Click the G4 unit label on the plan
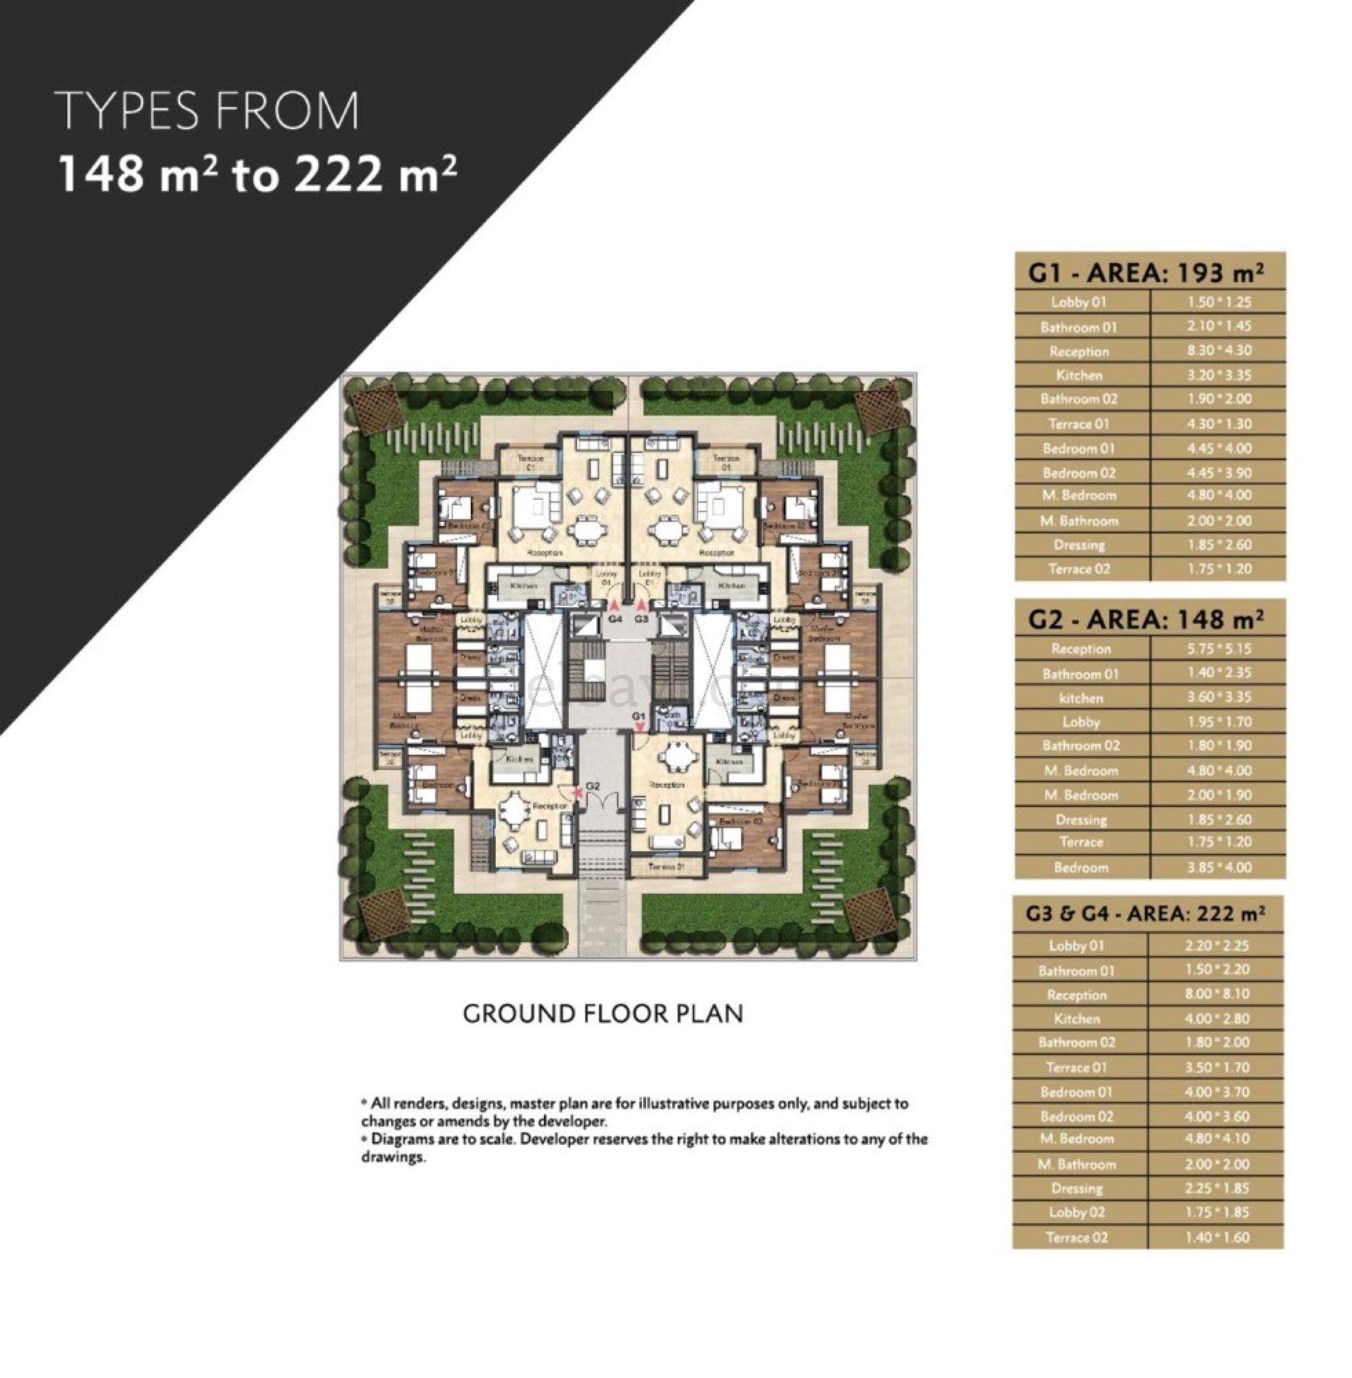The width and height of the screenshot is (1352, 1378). pos(615,618)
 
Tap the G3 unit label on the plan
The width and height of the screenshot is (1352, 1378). pos(642,618)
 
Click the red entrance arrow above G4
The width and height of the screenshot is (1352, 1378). pos(615,605)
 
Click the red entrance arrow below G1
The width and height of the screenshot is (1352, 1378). pos(639,727)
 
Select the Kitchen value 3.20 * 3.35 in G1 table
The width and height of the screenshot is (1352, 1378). pos(1219,375)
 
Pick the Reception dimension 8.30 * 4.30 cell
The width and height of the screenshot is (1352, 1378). pos(1219,351)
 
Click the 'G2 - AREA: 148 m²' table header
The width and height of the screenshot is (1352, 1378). pos(1149,620)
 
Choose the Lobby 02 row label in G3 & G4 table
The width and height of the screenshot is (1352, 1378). pos(1076,1213)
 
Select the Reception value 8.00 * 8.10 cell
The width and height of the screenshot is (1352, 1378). pos(1216,995)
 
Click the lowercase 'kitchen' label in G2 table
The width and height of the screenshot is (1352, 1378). pos(1081,698)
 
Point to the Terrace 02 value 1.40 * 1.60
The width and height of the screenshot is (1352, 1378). pos(1216,1237)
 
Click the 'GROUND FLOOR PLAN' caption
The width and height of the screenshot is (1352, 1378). pos(603,1014)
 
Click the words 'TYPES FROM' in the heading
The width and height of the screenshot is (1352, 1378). pos(208,112)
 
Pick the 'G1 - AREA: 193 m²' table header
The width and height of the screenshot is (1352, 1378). pos(1149,273)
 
